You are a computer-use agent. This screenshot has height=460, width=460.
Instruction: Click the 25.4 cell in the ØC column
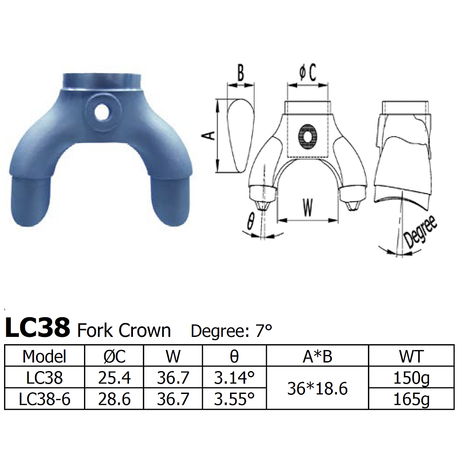click(x=114, y=378)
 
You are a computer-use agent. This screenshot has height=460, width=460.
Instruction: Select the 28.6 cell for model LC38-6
click(x=114, y=398)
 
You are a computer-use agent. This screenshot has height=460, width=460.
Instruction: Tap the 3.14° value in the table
click(x=234, y=378)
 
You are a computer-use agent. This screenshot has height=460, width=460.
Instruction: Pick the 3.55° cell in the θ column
click(x=234, y=398)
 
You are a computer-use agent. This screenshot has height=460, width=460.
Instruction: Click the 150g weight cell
click(x=411, y=378)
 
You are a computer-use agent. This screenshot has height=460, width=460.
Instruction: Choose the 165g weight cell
click(x=411, y=398)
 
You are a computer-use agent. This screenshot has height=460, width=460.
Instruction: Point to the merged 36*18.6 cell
click(x=317, y=388)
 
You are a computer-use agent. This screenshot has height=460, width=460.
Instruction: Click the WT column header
click(x=411, y=356)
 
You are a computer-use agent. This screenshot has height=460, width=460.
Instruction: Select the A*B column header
click(x=317, y=356)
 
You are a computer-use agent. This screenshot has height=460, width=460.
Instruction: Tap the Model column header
click(x=44, y=356)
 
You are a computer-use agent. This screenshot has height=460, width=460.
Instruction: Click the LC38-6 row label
click(x=44, y=398)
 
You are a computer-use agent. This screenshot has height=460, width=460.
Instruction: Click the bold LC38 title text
click(x=38, y=328)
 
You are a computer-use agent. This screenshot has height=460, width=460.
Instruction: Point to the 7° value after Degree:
click(x=264, y=331)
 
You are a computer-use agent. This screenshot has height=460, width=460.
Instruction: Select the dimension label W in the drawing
click(x=307, y=207)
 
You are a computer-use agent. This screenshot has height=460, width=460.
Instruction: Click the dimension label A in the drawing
click(x=209, y=135)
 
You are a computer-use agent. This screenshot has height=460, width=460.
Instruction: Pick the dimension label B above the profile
click(x=241, y=73)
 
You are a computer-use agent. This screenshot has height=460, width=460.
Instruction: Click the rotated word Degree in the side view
click(x=421, y=231)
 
